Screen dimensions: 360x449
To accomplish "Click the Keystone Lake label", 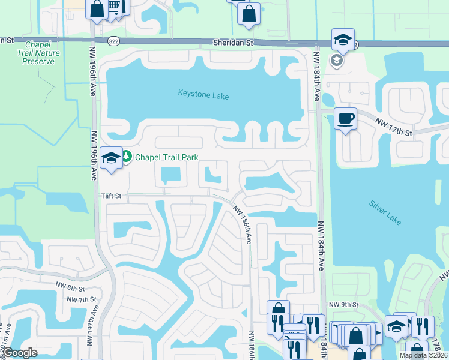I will (203, 94).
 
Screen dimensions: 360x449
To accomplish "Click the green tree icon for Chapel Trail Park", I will (127, 157).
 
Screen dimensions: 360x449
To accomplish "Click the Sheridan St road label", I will (234, 43).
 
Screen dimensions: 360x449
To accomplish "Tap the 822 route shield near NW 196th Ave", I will (113, 41).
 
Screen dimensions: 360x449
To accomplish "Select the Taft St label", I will (110, 196).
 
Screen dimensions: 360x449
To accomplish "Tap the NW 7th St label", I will (82, 299).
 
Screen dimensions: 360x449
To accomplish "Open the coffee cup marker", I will (345, 118).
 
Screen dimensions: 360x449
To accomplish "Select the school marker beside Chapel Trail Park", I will (111, 158).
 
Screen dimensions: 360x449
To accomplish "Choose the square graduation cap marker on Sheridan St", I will (343, 40).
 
